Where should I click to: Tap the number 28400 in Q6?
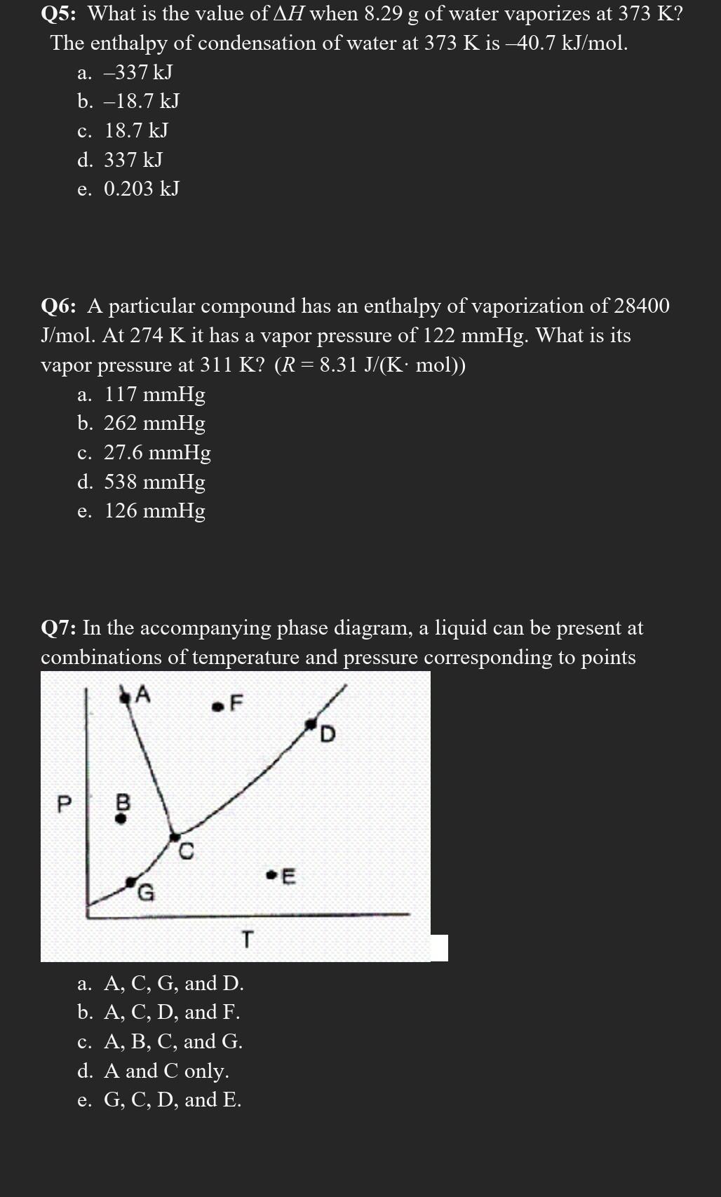click(x=641, y=306)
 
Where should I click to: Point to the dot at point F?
click(x=218, y=705)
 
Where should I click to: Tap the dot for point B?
click(x=121, y=818)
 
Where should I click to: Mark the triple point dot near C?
click(x=174, y=836)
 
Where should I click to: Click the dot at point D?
click(x=311, y=723)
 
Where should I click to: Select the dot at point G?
click(x=131, y=881)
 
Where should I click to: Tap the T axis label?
click(x=246, y=938)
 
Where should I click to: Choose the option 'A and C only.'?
click(x=166, y=1071)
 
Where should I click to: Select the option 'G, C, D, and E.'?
click(x=173, y=1100)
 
